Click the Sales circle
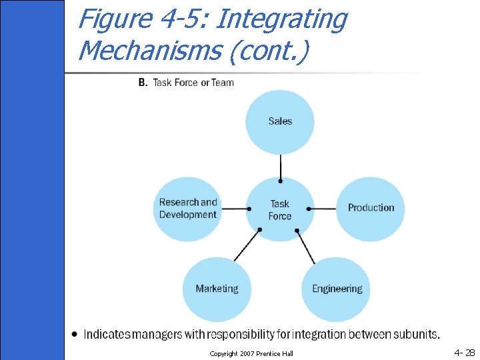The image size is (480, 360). pyautogui.click(x=280, y=121)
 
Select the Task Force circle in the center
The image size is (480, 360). pyautogui.click(x=280, y=209)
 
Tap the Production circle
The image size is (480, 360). pyautogui.click(x=371, y=208)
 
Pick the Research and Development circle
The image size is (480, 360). pyautogui.click(x=188, y=209)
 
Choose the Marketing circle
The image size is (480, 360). pyautogui.click(x=217, y=289)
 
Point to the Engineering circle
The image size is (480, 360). pyautogui.click(x=337, y=289)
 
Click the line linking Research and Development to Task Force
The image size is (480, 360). pyautogui.click(x=235, y=209)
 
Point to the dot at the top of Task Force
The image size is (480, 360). pyautogui.click(x=281, y=181)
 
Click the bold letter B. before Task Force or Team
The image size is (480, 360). pyautogui.click(x=143, y=83)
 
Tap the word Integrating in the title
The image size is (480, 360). pyautogui.click(x=281, y=19)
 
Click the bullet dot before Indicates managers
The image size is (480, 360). pyautogui.click(x=75, y=333)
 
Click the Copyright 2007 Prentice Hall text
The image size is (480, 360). pyautogui.click(x=251, y=353)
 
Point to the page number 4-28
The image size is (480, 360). pyautogui.click(x=464, y=352)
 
